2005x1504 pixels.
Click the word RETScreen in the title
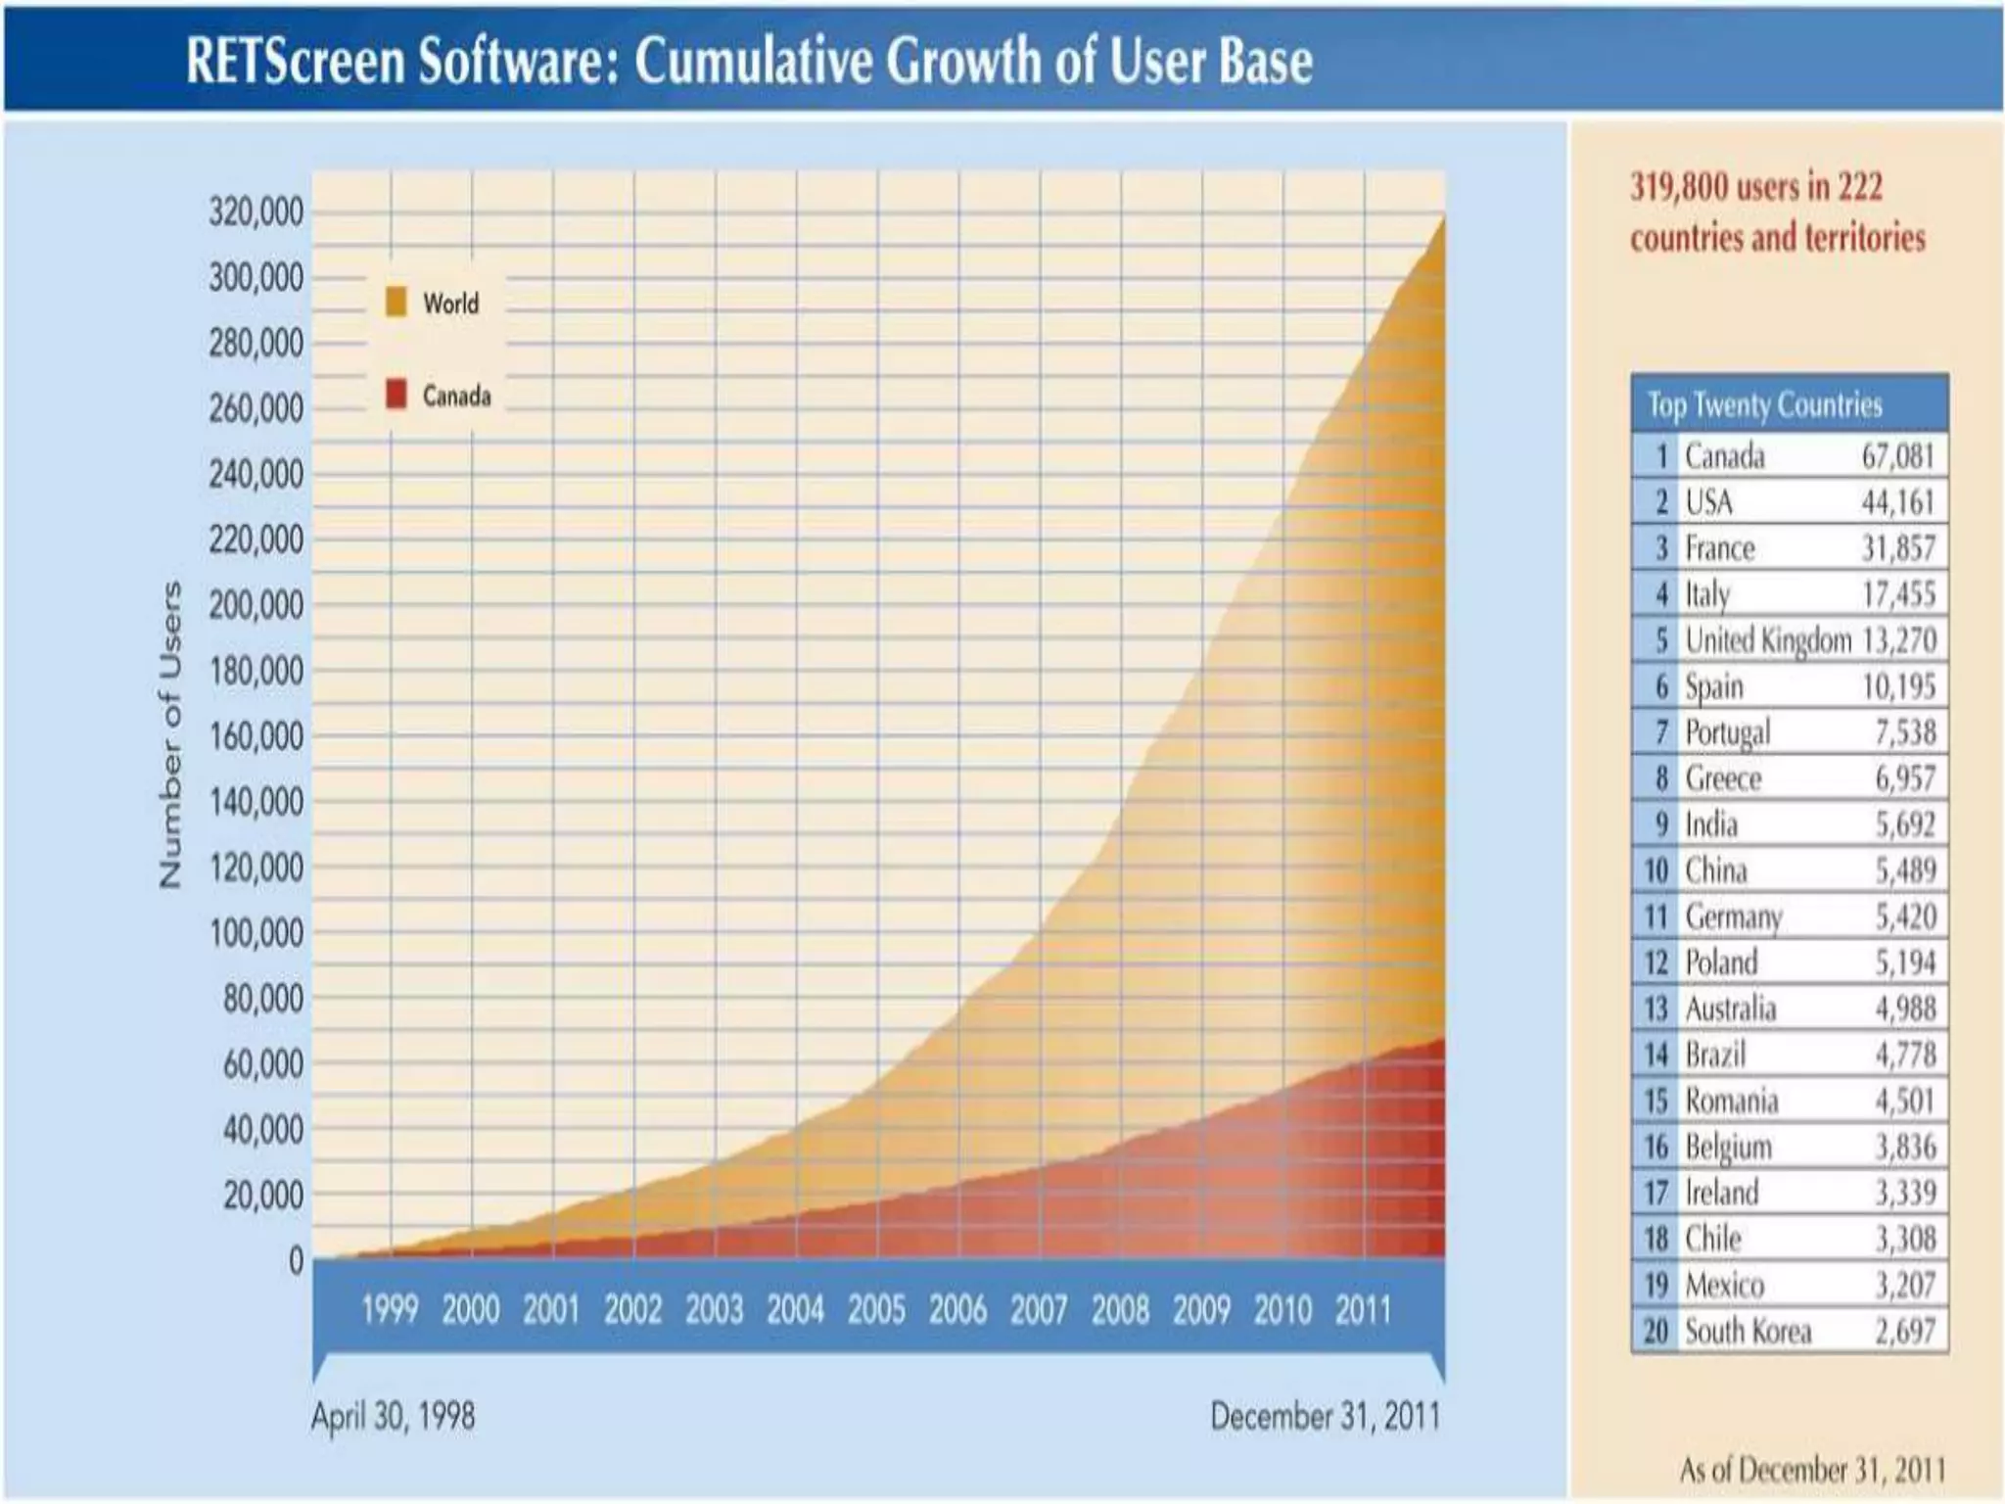point(295,61)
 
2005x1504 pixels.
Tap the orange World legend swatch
point(396,302)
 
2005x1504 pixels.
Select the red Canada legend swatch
point(396,395)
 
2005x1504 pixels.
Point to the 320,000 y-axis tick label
point(256,211)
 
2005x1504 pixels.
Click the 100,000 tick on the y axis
point(256,933)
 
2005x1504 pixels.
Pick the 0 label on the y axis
point(296,1261)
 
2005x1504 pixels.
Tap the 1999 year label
point(390,1309)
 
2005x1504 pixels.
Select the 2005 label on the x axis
point(876,1309)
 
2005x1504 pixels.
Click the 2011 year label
point(1363,1309)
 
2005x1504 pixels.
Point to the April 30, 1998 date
point(393,1416)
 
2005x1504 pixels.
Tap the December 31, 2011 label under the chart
point(1325,1416)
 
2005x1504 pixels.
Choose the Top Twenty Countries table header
point(1764,404)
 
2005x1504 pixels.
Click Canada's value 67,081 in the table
point(1897,456)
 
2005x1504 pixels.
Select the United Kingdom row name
point(1767,640)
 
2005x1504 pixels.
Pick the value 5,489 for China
point(1905,870)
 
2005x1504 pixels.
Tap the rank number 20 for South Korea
point(1655,1331)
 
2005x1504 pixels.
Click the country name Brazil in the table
point(1715,1055)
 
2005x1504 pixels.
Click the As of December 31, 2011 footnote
point(1812,1470)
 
